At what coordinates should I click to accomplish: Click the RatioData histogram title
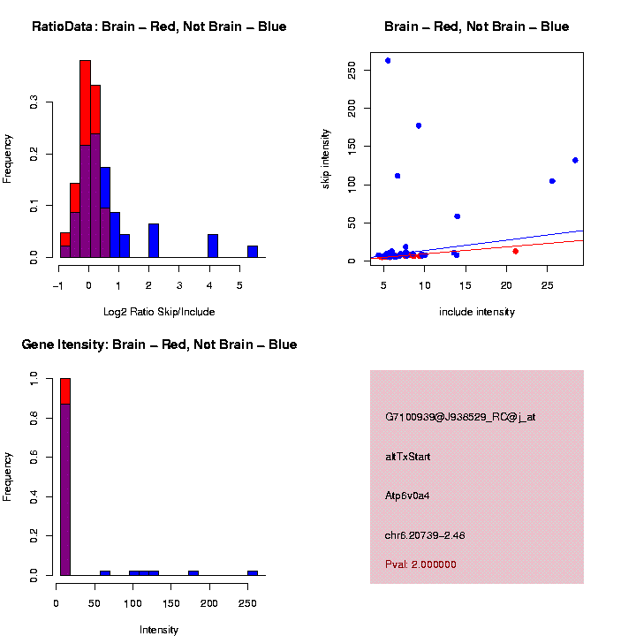click(159, 26)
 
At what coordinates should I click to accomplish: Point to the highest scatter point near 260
click(388, 61)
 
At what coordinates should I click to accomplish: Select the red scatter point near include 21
click(515, 251)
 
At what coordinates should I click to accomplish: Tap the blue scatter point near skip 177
click(419, 125)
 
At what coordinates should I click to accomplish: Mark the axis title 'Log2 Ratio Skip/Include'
click(159, 312)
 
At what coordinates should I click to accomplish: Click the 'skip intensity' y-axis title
click(326, 158)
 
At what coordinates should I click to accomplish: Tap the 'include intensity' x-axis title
click(477, 312)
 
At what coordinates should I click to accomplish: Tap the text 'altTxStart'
click(408, 457)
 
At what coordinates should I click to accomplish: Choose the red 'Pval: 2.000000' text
click(420, 564)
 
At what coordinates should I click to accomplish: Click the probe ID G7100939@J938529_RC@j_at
click(459, 417)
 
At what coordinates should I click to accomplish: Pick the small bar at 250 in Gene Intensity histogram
click(253, 572)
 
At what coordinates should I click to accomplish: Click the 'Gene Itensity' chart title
click(159, 344)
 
